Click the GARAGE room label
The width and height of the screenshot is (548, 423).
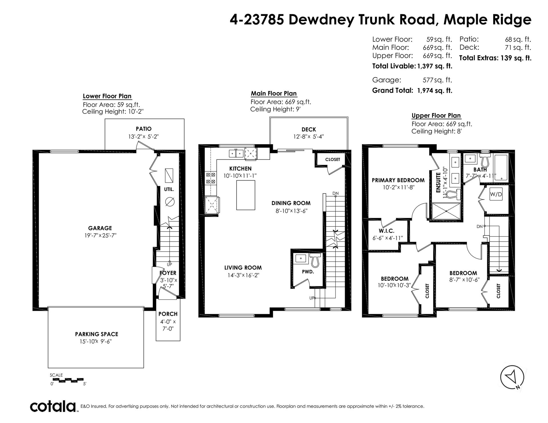tap(100, 228)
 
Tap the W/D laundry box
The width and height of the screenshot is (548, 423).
tap(496, 194)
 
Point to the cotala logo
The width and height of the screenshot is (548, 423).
tap(53, 406)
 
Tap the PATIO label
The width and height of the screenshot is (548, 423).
tap(144, 129)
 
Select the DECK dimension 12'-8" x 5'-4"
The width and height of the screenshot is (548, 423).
tap(309, 137)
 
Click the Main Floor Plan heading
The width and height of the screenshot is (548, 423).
tap(274, 94)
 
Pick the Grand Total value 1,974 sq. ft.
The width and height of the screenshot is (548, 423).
tap(435, 91)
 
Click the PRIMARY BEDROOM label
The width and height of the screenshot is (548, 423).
tap(398, 180)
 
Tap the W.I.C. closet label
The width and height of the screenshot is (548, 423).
tap(387, 231)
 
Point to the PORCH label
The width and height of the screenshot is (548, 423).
tap(168, 314)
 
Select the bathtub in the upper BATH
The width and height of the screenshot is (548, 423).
tap(502, 168)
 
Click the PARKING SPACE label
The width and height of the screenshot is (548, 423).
tap(96, 334)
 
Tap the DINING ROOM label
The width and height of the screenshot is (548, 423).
tap(291, 203)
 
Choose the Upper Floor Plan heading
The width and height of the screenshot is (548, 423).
tap(436, 116)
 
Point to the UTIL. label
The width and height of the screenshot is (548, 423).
tap(169, 189)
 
